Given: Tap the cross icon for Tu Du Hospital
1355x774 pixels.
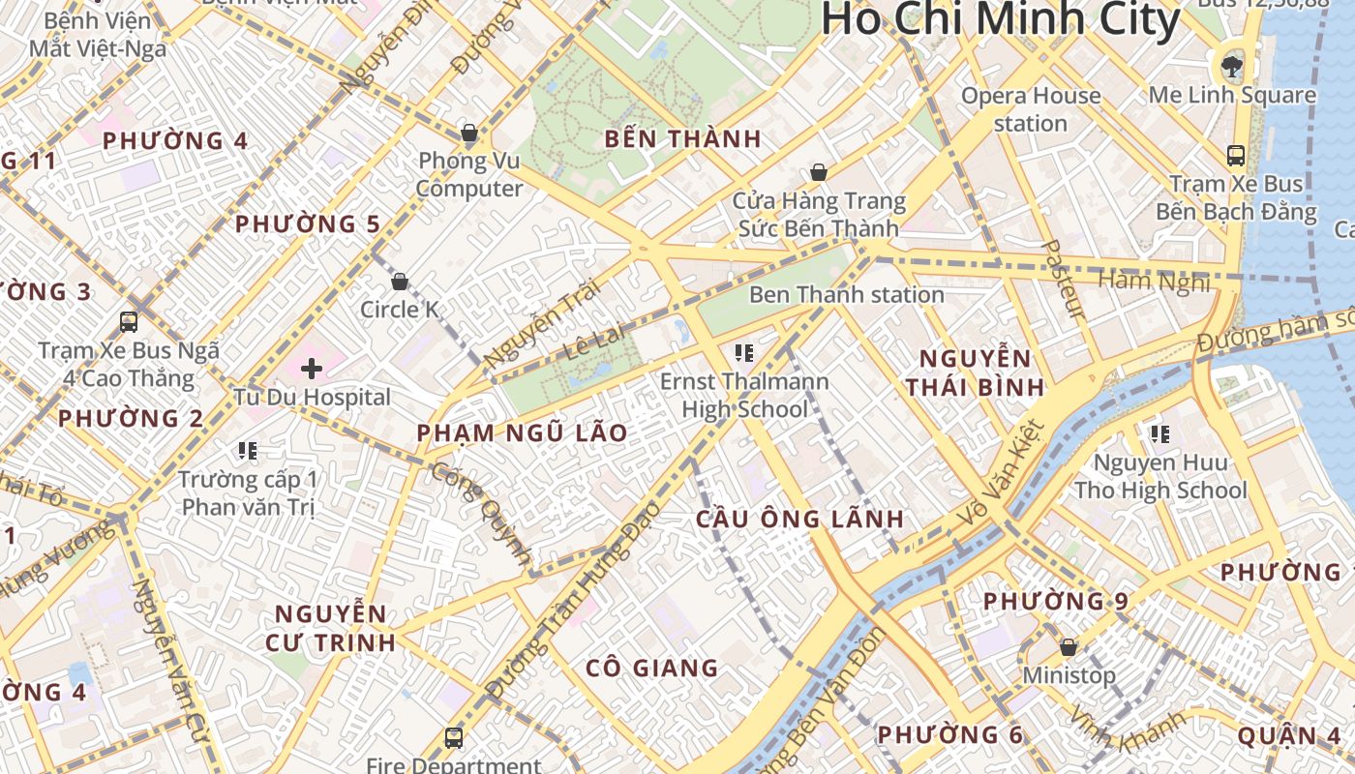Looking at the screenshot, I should (312, 369).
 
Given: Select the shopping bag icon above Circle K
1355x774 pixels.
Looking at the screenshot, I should (400, 282).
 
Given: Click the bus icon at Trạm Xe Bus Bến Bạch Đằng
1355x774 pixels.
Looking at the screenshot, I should (1235, 155).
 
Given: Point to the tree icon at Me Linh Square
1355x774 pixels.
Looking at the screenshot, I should (1231, 66).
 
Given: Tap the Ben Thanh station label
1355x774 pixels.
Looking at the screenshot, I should (846, 294).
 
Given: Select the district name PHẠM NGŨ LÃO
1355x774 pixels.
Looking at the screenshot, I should (523, 433).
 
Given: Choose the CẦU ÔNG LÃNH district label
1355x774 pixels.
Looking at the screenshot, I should (800, 519).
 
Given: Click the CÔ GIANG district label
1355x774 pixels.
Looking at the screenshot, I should (652, 668).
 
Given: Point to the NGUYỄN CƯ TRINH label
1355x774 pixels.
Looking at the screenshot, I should (331, 627).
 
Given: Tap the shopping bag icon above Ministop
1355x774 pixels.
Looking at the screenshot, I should (1069, 646).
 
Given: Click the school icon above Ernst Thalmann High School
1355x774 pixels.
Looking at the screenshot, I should (743, 352).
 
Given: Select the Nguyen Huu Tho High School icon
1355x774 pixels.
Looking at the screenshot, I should (1159, 433).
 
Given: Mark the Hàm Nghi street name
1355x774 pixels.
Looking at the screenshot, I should (1154, 282).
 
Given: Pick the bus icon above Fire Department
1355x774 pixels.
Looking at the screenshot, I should (453, 737).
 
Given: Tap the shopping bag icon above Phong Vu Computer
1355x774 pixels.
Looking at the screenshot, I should (469, 133).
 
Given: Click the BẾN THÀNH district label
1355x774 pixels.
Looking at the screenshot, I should (683, 138).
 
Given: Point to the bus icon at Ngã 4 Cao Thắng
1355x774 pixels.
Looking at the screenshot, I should (129, 321).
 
